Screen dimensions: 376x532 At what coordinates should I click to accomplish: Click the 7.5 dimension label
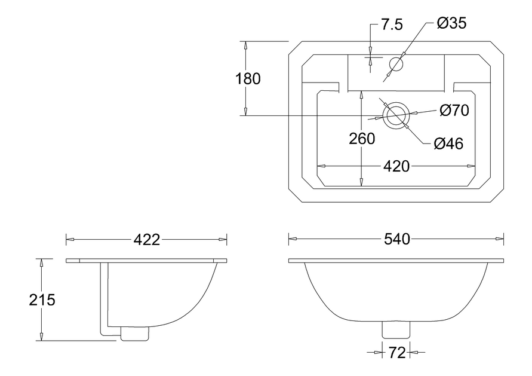click(391, 25)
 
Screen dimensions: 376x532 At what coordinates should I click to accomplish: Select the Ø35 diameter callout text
click(451, 23)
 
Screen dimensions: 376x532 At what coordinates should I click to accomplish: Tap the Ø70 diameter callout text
click(454, 111)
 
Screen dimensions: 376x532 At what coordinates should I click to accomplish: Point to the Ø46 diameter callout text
click(448, 143)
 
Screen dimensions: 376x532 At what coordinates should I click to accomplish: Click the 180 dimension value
click(247, 79)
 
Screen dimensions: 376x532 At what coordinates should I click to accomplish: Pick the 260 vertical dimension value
click(362, 139)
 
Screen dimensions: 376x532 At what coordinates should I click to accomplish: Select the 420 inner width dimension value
click(396, 166)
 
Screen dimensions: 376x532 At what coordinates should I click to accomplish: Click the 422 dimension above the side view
click(146, 240)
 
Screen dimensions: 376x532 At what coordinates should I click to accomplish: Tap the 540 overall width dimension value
click(396, 240)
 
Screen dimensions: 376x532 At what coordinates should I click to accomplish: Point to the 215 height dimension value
click(42, 300)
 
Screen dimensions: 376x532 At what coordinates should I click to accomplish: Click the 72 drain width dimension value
click(396, 353)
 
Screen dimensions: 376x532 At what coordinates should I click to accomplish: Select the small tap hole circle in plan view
click(396, 63)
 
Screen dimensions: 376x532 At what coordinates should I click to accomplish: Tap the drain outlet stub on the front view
click(396, 329)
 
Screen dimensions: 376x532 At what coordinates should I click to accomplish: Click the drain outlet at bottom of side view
click(134, 333)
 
